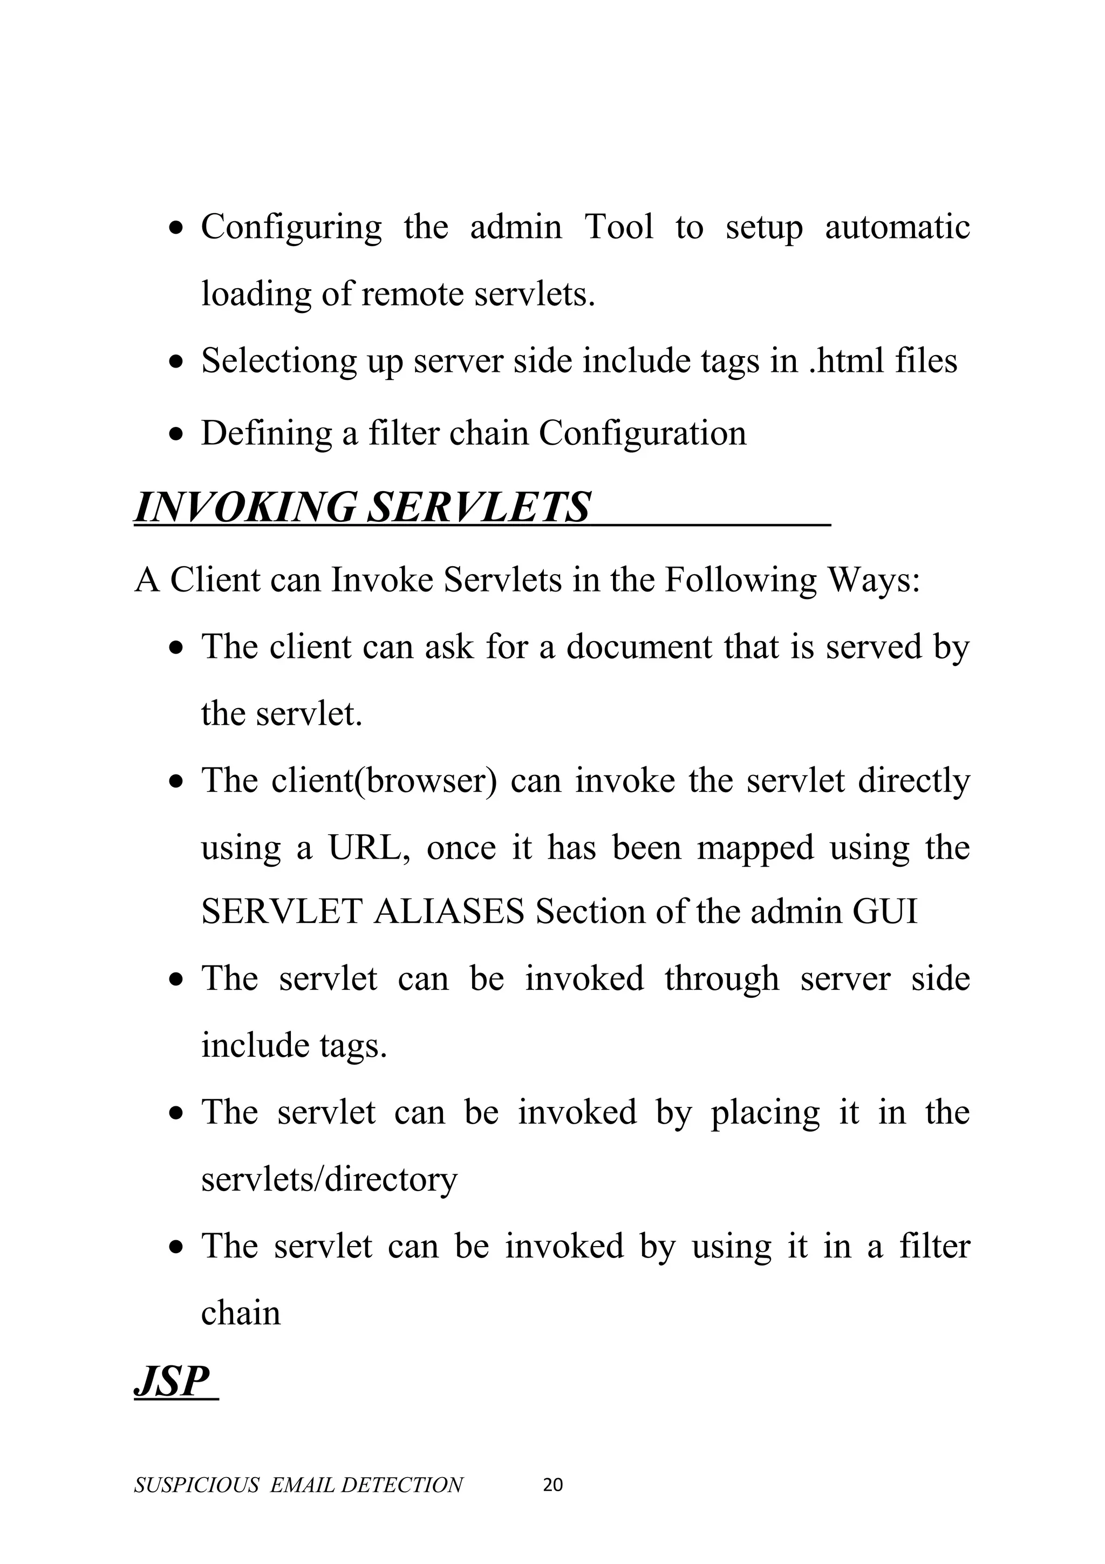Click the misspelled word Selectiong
(278, 361)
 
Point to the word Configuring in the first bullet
(291, 228)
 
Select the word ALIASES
(449, 912)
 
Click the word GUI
(884, 912)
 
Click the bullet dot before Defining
(176, 434)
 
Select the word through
(722, 979)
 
